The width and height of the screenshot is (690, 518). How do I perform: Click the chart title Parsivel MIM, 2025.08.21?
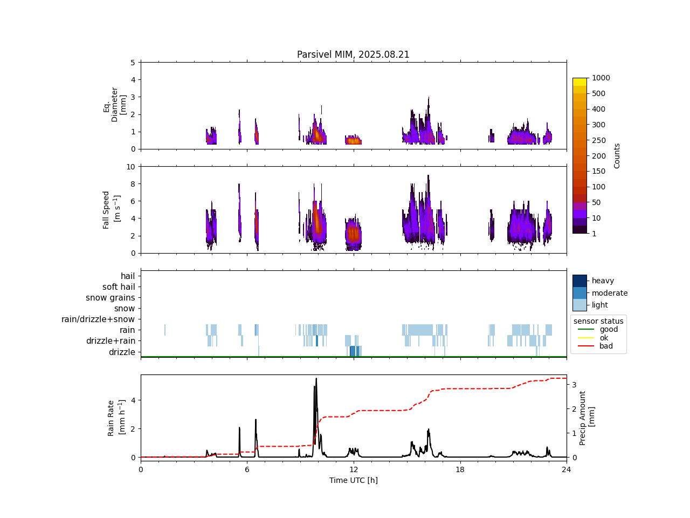[353, 54]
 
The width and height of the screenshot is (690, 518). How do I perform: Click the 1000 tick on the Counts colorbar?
[601, 78]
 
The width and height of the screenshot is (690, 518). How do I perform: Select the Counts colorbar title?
[617, 155]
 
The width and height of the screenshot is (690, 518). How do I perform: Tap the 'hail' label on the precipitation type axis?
[128, 276]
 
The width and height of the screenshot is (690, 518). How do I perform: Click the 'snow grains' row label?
[110, 298]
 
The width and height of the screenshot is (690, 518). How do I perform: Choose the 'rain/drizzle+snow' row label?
[98, 319]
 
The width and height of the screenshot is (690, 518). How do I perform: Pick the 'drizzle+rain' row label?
[111, 341]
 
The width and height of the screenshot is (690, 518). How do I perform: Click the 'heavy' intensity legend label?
[603, 281]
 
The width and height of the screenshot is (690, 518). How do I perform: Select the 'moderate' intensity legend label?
[610, 293]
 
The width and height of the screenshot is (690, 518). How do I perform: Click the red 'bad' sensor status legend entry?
[606, 346]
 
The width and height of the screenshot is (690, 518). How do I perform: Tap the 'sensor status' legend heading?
[598, 321]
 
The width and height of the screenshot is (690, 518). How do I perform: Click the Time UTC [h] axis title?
[353, 480]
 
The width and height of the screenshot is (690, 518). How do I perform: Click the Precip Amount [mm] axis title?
[586, 418]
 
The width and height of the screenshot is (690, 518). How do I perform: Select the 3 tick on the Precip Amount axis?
[575, 385]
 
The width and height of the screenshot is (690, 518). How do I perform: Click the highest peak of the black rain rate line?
[316, 379]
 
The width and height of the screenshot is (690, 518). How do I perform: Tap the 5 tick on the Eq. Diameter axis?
[133, 63]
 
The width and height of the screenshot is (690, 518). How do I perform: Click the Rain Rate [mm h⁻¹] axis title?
[115, 418]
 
